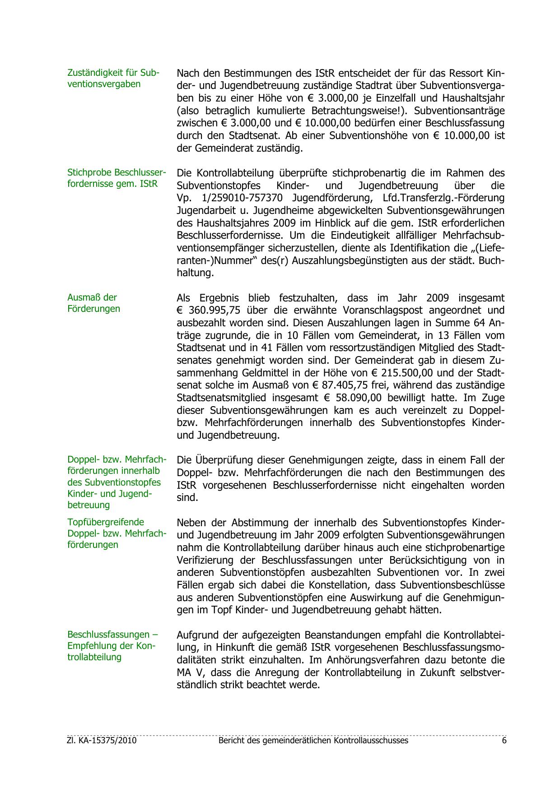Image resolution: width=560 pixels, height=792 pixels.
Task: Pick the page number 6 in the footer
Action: pos(504,741)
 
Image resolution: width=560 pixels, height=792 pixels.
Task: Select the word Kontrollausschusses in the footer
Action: pos(370,741)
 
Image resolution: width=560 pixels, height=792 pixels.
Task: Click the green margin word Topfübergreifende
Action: pos(106,522)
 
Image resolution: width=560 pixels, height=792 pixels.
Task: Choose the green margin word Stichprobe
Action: pos(89,172)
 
